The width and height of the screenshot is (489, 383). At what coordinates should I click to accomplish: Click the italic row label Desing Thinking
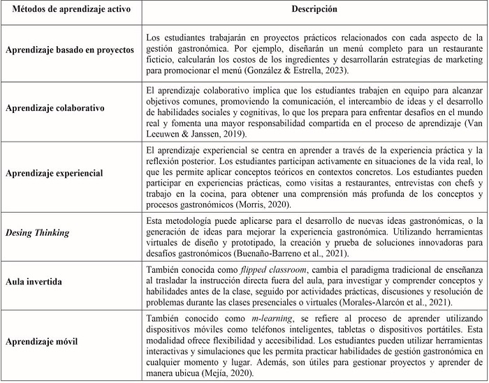[x=38, y=232]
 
